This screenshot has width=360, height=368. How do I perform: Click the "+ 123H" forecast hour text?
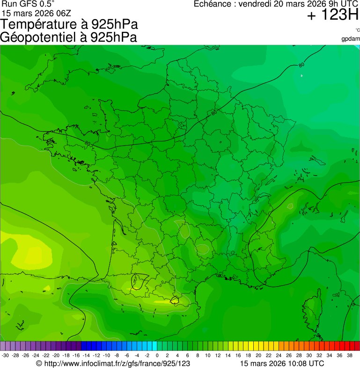coord(332,16)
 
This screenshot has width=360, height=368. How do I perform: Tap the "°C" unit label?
coord(357,30)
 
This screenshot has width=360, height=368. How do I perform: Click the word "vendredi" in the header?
coord(255,4)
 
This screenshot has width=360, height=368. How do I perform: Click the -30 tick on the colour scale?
coord(6,355)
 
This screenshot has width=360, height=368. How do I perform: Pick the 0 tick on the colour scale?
coord(157,355)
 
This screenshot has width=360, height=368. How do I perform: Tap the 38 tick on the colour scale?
coord(349,355)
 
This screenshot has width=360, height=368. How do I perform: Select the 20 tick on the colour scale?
coord(258,355)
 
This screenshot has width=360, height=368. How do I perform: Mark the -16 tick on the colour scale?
coord(76,355)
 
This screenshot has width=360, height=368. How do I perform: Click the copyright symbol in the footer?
coord(39,363)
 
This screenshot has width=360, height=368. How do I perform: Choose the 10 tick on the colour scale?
coord(207,355)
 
